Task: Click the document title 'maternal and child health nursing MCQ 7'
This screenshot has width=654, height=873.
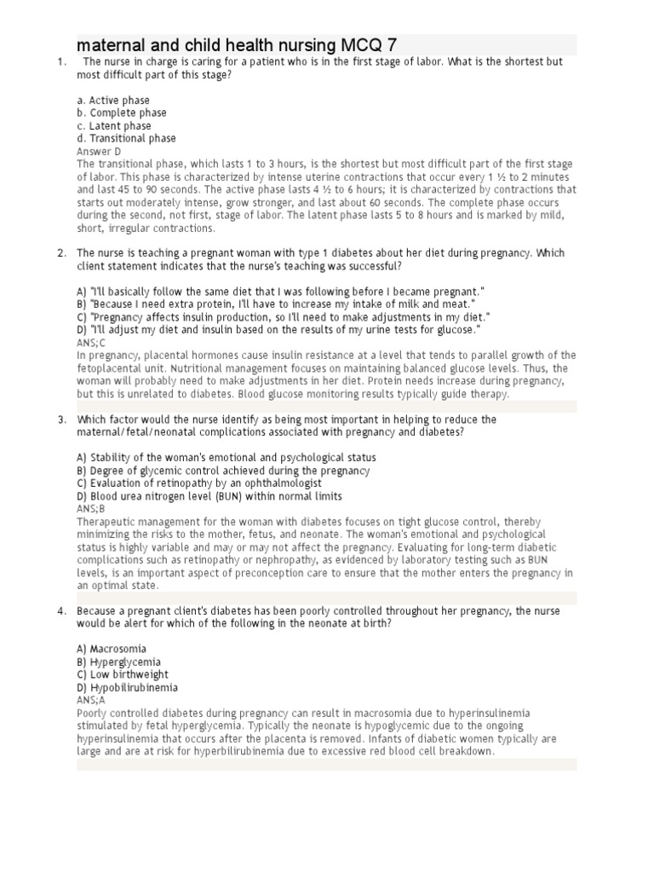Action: [236, 44]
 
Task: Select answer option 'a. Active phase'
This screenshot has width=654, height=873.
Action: [113, 101]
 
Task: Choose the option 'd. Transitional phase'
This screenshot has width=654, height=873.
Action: [126, 138]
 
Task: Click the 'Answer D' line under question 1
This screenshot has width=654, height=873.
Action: [99, 151]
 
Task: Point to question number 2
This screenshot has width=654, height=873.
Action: [61, 253]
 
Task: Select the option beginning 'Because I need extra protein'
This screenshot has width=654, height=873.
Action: [276, 304]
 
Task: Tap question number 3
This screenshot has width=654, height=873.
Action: [61, 419]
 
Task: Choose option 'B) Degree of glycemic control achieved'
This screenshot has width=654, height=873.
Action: [223, 471]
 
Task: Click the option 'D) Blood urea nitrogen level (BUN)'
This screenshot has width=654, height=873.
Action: [209, 496]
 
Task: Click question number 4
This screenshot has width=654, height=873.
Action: [61, 611]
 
